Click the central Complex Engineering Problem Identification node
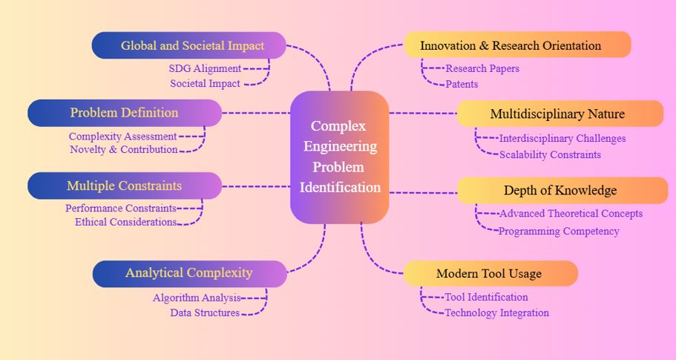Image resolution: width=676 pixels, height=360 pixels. tap(340, 157)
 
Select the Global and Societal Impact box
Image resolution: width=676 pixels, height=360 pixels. tap(189, 45)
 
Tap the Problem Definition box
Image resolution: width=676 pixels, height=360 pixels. tap(125, 113)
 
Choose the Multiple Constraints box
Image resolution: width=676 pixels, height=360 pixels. tap(125, 186)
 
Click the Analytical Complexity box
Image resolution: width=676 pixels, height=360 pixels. tap(189, 273)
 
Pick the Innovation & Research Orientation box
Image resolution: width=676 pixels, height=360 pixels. tap(517, 45)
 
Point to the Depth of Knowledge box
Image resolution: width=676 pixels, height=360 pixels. tap(561, 190)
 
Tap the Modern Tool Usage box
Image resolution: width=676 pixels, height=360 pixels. tap(490, 273)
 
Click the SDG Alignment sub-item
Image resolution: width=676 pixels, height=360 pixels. tap(204, 68)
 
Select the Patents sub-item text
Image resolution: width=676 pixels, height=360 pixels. tap(462, 84)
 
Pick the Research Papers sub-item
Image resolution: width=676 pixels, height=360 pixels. tap(482, 68)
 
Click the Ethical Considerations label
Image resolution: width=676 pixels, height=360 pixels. tap(125, 222)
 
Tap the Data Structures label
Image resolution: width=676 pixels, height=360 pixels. tap(205, 312)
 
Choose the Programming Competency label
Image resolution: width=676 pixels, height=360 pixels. tap(559, 231)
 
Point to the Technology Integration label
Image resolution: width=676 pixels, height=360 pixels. tap(496, 312)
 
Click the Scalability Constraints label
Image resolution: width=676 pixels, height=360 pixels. tap(550, 154)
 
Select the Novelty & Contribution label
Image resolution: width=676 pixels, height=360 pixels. tap(123, 149)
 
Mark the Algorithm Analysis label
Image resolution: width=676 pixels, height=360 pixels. tap(197, 298)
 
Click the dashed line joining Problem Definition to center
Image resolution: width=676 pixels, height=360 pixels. tap(256, 113)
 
